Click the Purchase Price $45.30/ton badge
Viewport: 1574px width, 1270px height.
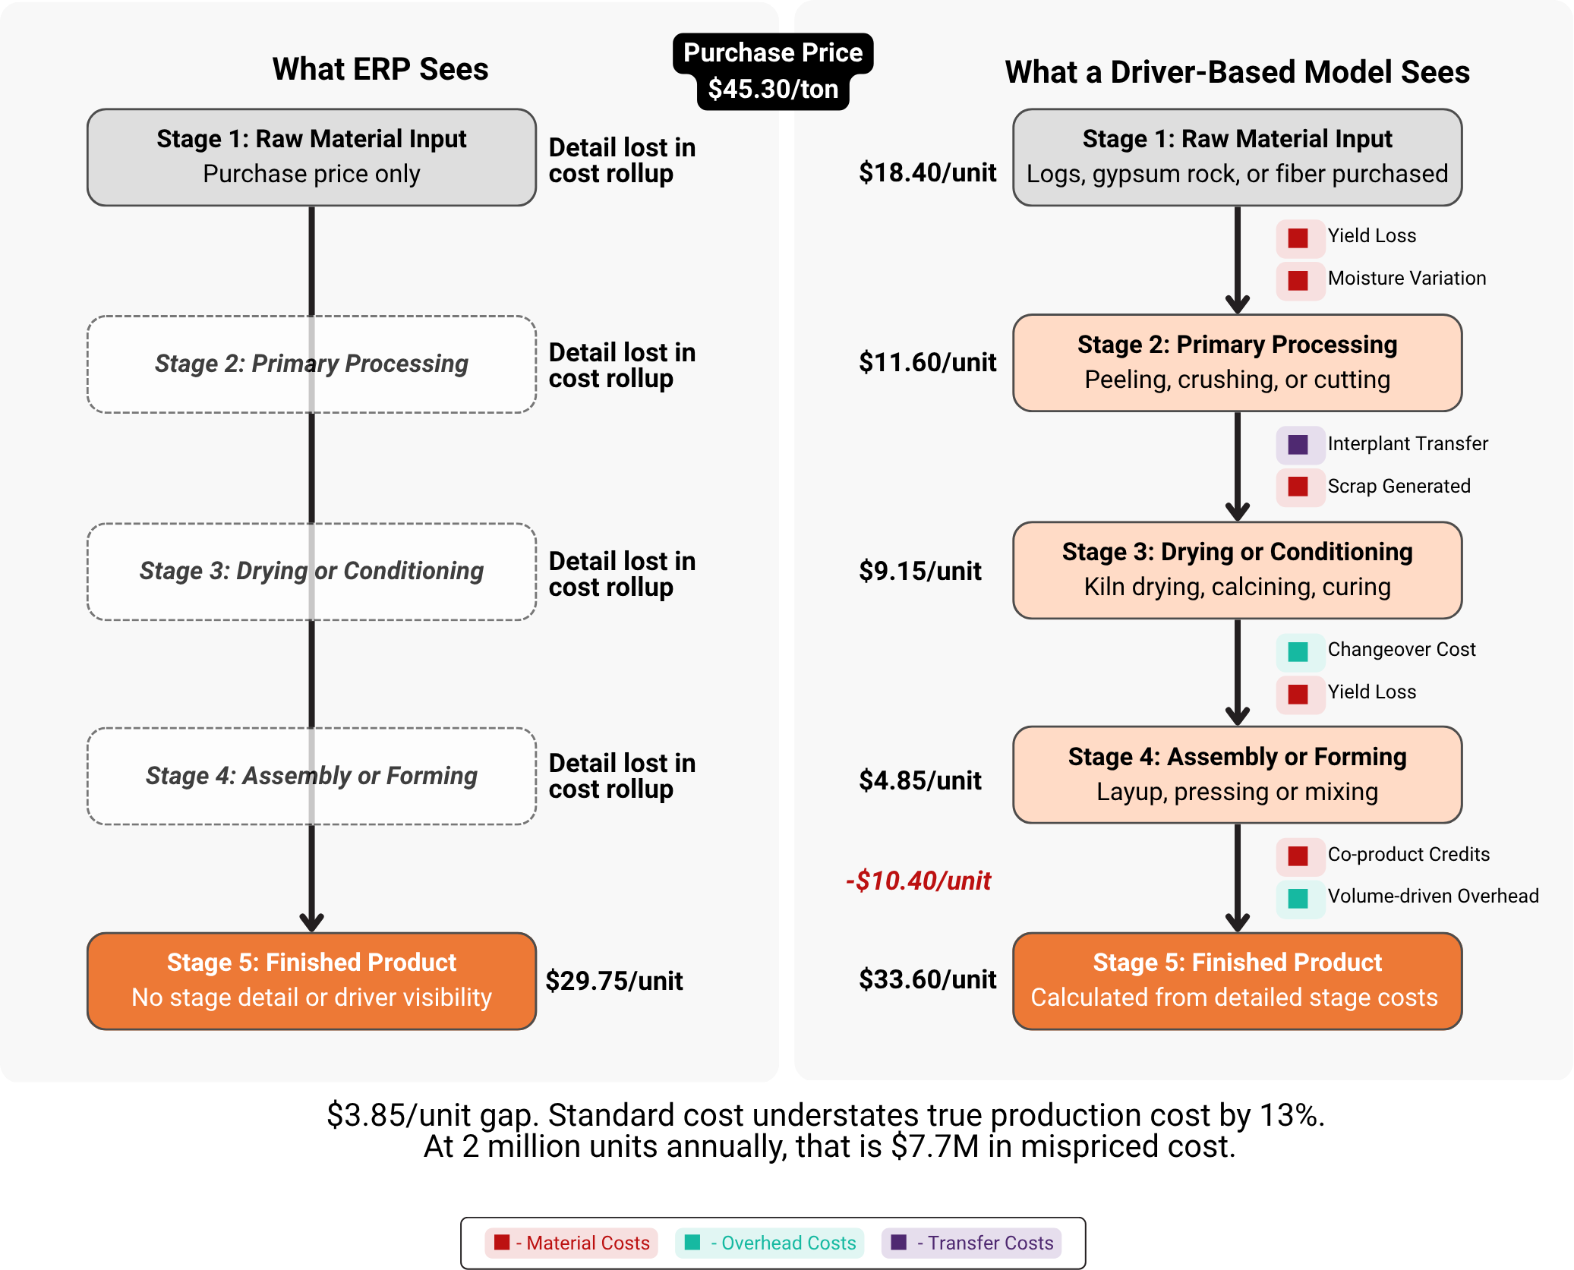coord(773,71)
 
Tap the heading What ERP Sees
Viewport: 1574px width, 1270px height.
coord(380,69)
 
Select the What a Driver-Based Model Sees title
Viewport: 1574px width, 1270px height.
coord(1237,72)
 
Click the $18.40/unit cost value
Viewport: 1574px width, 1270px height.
coord(927,172)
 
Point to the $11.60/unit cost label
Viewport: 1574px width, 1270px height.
coord(927,362)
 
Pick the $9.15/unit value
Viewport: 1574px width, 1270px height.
coord(919,571)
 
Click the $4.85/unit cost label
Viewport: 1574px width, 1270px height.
coord(919,780)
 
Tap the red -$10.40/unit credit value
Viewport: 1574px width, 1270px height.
coord(918,881)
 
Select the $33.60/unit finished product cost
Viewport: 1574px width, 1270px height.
coord(927,979)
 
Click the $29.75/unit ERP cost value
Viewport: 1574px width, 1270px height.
coord(614,981)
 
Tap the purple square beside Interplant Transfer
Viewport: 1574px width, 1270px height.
coord(1298,445)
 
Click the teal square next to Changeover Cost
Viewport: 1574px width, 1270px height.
coord(1298,651)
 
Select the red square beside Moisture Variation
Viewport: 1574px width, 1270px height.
coord(1298,280)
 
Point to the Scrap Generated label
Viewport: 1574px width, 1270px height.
coord(1399,486)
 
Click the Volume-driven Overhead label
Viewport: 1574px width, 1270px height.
coord(1433,896)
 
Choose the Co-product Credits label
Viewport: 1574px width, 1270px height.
coord(1408,854)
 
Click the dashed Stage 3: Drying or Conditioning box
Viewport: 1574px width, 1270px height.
coord(311,571)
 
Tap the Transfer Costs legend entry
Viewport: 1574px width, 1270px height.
coord(971,1243)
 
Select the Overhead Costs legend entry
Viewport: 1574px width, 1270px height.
coord(769,1243)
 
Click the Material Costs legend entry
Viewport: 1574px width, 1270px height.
coord(571,1243)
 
